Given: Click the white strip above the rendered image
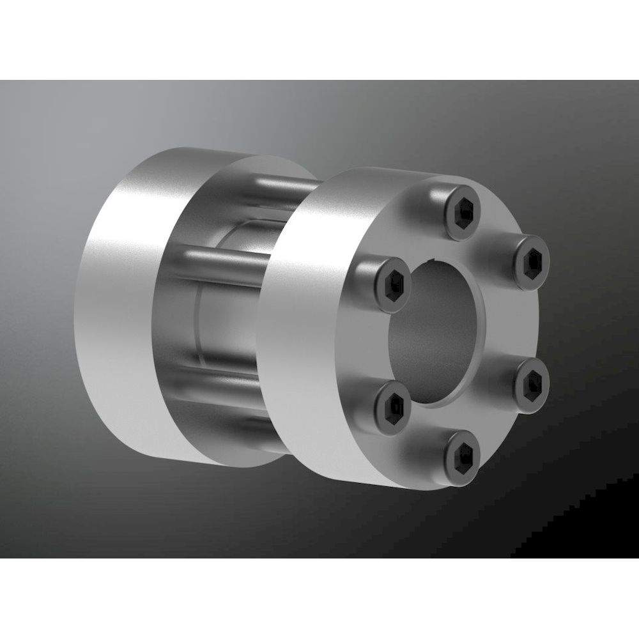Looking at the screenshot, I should (319, 38).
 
